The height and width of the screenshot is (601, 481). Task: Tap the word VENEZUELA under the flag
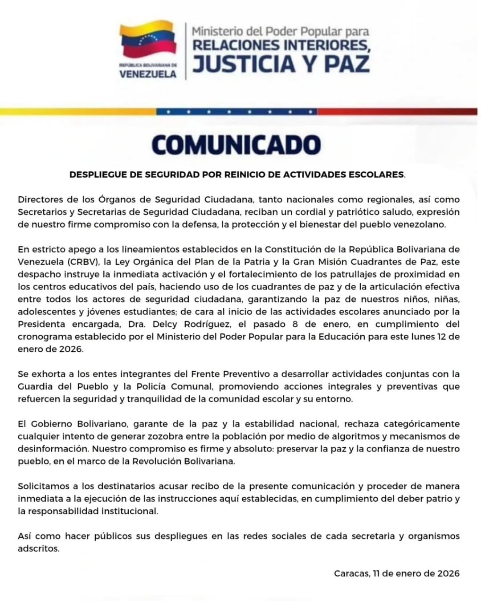[148, 74]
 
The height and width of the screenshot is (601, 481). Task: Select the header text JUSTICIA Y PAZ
[281, 63]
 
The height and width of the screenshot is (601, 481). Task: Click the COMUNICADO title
[236, 145]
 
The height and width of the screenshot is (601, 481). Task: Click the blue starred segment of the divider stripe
[236, 112]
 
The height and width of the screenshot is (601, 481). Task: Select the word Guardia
[35, 386]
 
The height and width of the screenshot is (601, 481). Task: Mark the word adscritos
[38, 548]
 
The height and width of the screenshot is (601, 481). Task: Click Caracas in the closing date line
[351, 573]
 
